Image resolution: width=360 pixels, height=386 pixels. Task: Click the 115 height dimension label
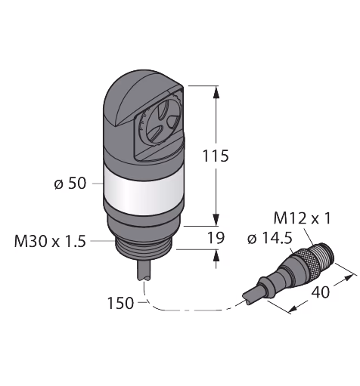point(216,156)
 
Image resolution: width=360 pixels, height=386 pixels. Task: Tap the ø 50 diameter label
point(70,184)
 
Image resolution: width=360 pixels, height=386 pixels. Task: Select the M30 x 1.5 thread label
point(50,241)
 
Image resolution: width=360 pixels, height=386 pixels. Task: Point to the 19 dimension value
point(216,237)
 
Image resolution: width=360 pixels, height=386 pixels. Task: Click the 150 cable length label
point(120,303)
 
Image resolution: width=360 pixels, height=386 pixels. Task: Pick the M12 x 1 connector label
point(302,218)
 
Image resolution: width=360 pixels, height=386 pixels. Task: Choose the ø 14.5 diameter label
point(270,238)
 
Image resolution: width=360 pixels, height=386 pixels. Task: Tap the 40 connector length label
point(321,292)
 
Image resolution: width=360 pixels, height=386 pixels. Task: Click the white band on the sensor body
point(143,190)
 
